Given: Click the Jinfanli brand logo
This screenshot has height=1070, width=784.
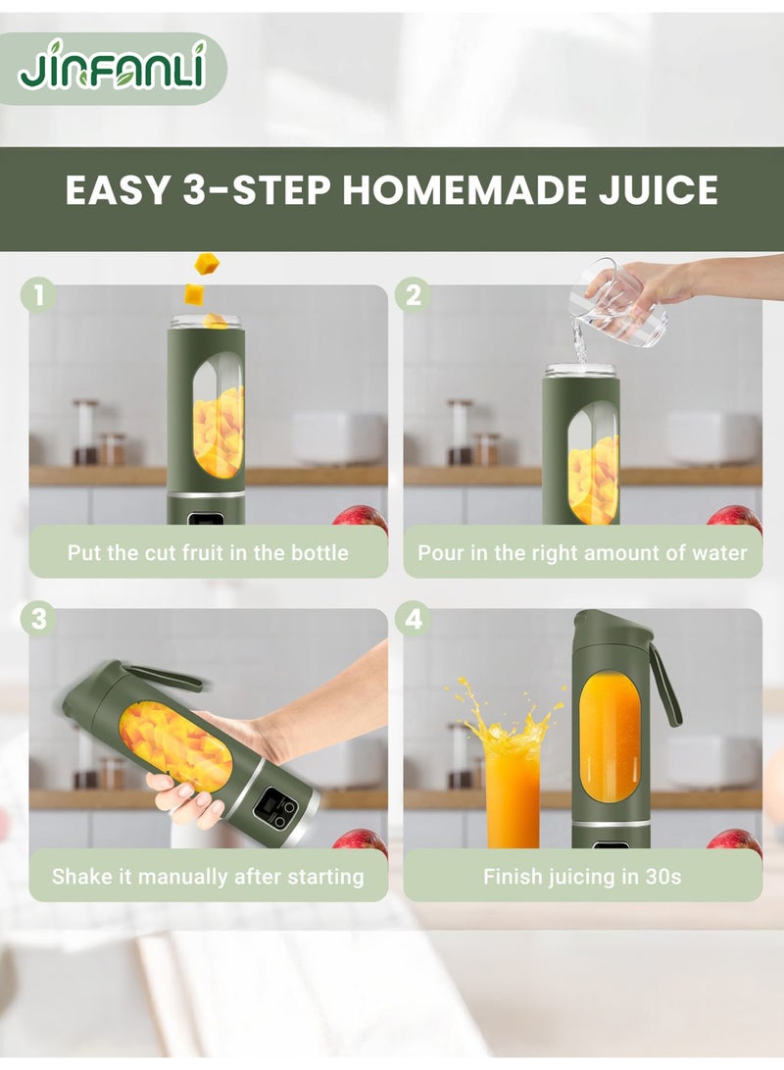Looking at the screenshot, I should coord(112,68).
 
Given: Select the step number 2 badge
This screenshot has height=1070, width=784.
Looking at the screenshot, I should coord(413,294).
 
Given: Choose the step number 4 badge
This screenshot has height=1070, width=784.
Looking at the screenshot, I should coord(413,619).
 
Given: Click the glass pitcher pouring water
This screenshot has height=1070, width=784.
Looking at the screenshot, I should coord(622,303).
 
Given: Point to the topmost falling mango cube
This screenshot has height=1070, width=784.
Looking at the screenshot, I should coord(206,263).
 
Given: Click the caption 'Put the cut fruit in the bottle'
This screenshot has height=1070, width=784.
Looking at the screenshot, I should coord(208,552).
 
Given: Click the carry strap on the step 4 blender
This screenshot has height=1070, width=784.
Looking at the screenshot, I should coord(665,687).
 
